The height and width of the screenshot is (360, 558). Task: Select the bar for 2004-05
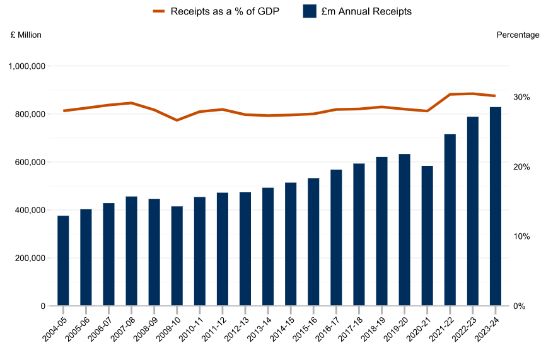coord(63,260)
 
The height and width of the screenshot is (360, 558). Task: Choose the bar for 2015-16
coord(313,242)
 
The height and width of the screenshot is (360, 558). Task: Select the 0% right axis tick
coord(518,306)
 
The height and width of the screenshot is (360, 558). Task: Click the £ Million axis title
coord(26,35)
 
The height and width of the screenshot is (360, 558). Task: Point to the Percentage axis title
coord(518,35)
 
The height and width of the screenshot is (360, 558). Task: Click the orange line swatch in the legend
coord(158,11)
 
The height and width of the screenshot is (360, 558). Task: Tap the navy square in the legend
coord(309,11)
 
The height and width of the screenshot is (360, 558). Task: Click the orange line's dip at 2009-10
coord(177,120)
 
